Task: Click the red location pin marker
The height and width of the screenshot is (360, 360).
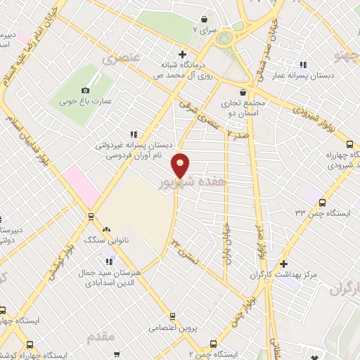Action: pos(181,165)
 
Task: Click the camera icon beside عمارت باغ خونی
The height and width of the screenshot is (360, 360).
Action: pos(86,90)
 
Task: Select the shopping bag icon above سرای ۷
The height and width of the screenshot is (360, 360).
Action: pos(204,19)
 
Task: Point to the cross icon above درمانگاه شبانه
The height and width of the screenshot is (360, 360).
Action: pos(182,54)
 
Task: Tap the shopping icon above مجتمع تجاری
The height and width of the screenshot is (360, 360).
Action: pos(243,92)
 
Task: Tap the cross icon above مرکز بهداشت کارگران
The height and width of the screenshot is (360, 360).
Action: pos(283,264)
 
